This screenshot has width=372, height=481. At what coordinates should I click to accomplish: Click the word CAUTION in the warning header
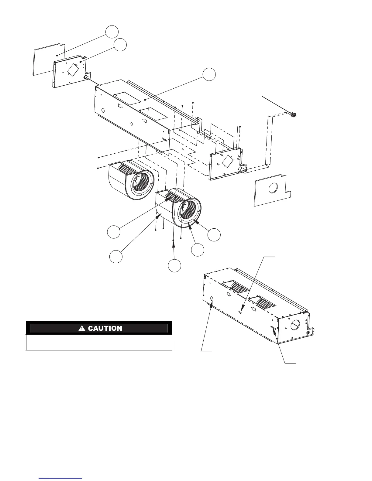(x=105, y=328)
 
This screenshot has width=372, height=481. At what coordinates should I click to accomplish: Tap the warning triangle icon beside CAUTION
(x=82, y=328)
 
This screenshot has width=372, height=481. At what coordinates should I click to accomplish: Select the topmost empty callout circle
(x=112, y=32)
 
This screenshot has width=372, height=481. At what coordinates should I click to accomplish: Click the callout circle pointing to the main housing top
(x=209, y=74)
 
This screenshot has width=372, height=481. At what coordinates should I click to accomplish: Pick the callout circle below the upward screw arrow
(x=175, y=266)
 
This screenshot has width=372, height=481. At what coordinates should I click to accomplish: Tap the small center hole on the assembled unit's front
(x=241, y=311)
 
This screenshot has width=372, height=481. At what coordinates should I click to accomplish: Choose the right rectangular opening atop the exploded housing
(x=154, y=114)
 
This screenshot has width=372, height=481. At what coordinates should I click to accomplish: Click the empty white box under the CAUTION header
(x=99, y=342)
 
